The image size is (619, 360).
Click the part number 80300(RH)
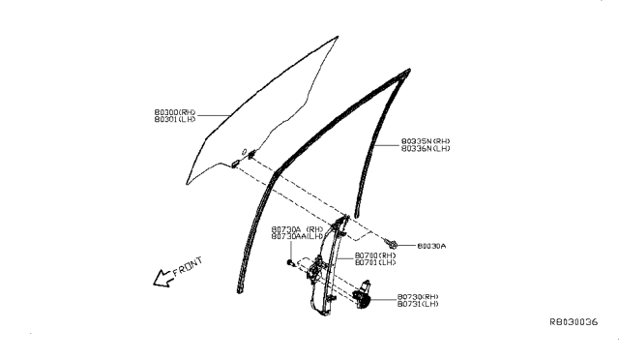[174, 112]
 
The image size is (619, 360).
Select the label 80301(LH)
[174, 120]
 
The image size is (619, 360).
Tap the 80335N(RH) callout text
[425, 141]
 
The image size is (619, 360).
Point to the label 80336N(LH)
[425, 149]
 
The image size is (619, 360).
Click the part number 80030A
[431, 247]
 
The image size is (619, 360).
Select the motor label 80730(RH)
[417, 297]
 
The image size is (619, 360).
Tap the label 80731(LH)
[417, 305]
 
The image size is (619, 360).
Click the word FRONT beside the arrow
[183, 266]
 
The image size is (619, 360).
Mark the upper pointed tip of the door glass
[337, 38]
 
